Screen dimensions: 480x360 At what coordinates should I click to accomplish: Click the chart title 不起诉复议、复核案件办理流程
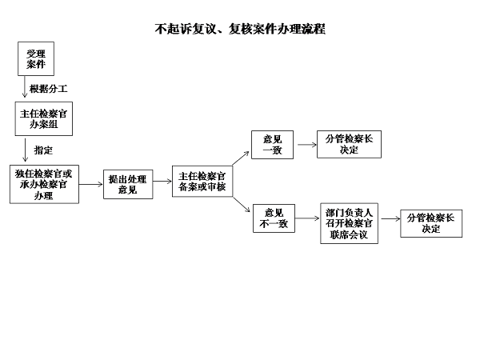coord(240,29)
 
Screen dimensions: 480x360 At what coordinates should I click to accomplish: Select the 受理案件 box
coord(36,58)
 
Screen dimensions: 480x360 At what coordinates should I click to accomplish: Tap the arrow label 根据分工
coord(48,89)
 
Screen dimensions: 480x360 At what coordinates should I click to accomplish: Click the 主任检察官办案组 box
coord(44,118)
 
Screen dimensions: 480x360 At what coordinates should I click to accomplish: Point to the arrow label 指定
coord(43,150)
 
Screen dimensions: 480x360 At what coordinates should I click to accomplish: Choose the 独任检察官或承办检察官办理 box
coord(44,184)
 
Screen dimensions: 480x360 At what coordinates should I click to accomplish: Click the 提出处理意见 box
coord(128,184)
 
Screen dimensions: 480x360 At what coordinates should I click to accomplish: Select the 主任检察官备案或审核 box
coord(202,182)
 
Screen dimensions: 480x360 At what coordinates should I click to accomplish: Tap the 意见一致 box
coord(273,145)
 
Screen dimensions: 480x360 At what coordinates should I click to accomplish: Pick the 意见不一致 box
coord(274,218)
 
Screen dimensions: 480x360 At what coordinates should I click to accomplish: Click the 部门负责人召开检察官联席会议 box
coord(350,223)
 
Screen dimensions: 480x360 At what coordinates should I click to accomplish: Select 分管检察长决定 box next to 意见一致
coord(350,145)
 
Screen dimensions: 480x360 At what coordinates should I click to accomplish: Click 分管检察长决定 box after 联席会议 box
coord(431,223)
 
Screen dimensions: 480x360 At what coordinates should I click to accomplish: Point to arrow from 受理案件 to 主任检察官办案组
coord(25,86)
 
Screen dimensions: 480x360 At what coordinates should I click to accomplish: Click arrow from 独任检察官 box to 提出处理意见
coord(91,184)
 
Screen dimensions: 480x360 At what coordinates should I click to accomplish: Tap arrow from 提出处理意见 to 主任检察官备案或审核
coord(162,182)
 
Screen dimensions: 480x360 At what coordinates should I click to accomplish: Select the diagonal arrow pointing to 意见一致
coord(241,158)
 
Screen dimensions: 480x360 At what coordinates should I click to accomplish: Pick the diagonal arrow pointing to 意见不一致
coord(242,205)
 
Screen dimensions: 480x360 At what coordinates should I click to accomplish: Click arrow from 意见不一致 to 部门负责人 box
coord(307,218)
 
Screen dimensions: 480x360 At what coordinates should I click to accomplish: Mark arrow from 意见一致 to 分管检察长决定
coord(307,145)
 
